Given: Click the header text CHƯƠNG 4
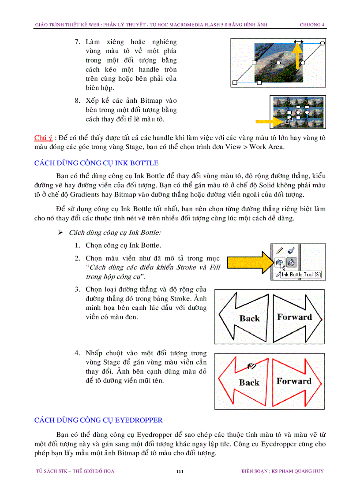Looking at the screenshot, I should pos(312,25).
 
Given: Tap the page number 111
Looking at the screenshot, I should pos(180,471).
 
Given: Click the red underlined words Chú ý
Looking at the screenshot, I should pos(43,138).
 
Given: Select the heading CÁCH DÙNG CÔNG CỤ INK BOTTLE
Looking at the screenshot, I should pos(96,163).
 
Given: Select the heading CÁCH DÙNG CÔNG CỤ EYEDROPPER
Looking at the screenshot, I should pos(98,420).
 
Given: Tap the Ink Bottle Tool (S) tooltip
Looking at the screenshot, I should pos(300,275).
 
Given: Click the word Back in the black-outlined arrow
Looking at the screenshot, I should pos(249,318).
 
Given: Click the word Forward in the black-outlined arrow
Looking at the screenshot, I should pos(294,317).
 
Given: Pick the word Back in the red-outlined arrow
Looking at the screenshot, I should pos(249,382).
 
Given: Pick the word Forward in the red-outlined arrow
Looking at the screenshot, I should pos(294,381).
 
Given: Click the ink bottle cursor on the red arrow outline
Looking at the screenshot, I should pos(251,366).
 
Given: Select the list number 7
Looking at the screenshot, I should pos(77,42).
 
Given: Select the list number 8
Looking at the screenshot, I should pos(77,100).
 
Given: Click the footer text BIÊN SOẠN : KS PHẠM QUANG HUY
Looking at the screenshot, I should pos(282,471).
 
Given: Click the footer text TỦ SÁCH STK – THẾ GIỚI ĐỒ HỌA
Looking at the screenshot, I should pos(75,471).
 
